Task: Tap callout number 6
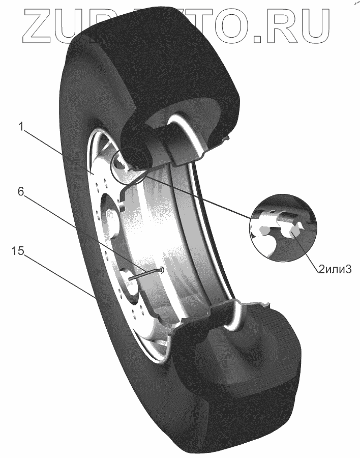(x=21, y=192)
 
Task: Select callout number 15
(x=18, y=251)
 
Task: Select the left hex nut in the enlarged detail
(x=263, y=230)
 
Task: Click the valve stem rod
(x=145, y=275)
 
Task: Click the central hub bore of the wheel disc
(x=111, y=216)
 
